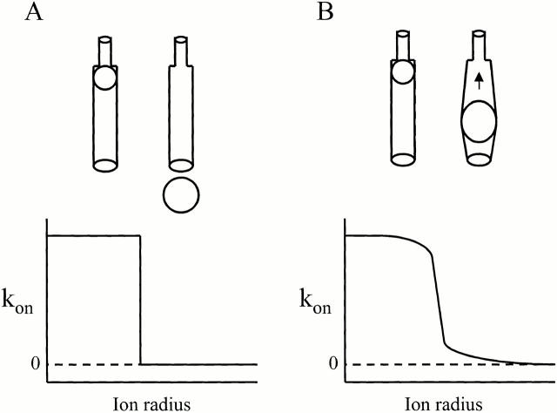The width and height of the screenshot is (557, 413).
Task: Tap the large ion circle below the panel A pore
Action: click(x=181, y=193)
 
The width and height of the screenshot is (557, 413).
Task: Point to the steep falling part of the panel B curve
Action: click(x=438, y=296)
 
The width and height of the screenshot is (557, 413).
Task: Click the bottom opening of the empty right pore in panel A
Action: click(x=180, y=164)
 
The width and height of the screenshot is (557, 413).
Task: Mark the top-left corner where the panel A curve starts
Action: click(x=49, y=236)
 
